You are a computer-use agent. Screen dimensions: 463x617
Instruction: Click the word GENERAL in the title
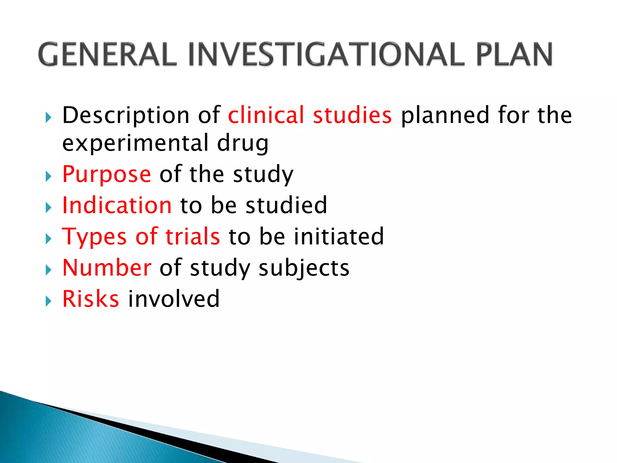107,55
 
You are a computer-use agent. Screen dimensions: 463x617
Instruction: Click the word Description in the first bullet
126,115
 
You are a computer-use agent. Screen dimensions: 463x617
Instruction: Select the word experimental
136,143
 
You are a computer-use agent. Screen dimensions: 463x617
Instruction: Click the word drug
243,143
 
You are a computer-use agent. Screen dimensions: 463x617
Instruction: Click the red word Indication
117,205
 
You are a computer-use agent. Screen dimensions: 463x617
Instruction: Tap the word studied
286,205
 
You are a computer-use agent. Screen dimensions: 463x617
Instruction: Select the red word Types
94,237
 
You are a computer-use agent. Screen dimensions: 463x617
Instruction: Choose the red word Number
107,268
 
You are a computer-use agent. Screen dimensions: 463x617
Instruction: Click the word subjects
304,268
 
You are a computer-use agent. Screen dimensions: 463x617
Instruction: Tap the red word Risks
91,299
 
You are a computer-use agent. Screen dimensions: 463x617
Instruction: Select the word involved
174,299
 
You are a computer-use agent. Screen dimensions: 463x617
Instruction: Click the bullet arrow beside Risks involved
49,301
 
